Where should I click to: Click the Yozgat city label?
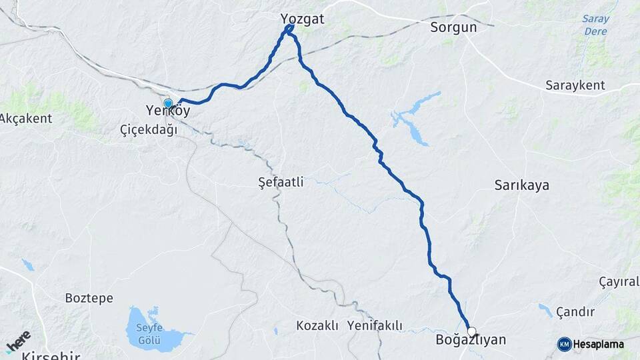[303, 19]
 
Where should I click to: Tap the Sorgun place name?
[453, 27]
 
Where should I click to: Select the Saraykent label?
[575, 85]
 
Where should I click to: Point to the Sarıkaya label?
[521, 185]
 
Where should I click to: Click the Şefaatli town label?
[280, 181]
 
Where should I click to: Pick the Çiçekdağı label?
[149, 129]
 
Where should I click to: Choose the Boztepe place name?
[89, 298]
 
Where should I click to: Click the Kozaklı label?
[317, 326]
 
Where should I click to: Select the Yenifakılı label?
[375, 326]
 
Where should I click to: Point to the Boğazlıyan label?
[470, 340]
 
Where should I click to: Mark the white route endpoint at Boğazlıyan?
[472, 331]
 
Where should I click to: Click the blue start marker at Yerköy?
[168, 103]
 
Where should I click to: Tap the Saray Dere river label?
[595, 25]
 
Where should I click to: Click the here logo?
[18, 341]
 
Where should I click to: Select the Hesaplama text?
[599, 345]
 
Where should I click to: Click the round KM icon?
[564, 344]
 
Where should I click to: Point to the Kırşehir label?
[50, 355]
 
